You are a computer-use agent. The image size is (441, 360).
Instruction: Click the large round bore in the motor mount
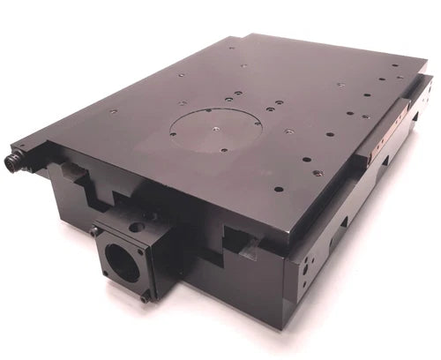pyautogui.click(x=121, y=260)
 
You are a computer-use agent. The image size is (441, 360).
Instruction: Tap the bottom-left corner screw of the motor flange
pyautogui.click(x=107, y=276)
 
